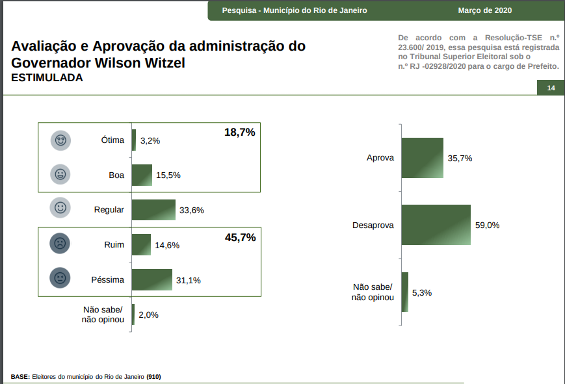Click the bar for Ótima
click(x=134, y=140)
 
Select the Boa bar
click(x=142, y=175)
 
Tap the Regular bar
click(x=153, y=210)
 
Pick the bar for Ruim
click(x=141, y=245)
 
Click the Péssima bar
click(x=152, y=280)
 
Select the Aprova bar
click(x=422, y=158)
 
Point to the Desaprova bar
click(x=436, y=225)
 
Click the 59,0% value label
click(x=487, y=225)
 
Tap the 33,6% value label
click(x=192, y=211)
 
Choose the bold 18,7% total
click(x=240, y=132)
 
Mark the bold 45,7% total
click(x=240, y=237)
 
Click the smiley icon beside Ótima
click(x=60, y=140)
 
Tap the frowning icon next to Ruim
click(x=60, y=244)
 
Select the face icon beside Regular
click(x=60, y=208)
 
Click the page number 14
click(x=551, y=88)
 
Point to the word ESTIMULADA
click(x=47, y=78)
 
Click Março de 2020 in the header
click(x=484, y=10)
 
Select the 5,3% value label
click(x=422, y=292)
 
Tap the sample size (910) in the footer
click(x=153, y=377)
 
